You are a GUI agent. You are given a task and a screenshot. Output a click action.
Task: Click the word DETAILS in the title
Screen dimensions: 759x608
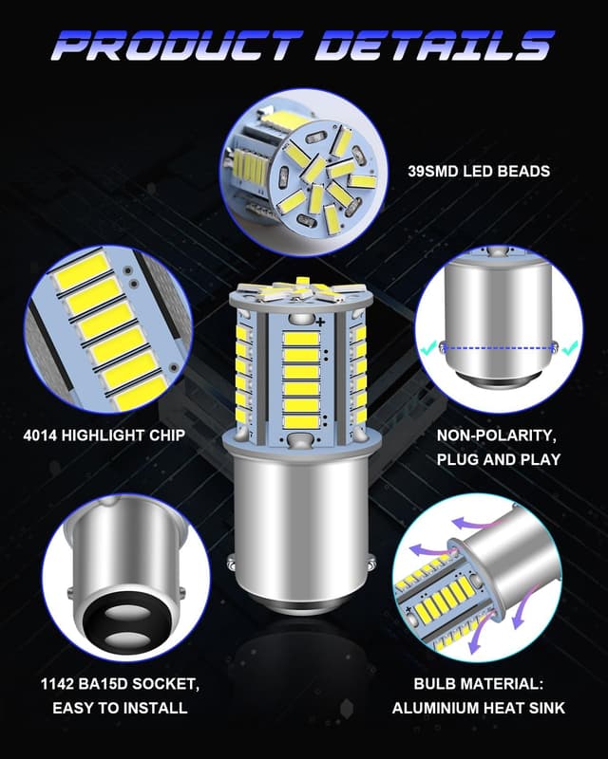(x=434, y=44)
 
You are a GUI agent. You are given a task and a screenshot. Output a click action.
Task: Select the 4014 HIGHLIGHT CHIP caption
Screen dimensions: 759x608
(x=104, y=437)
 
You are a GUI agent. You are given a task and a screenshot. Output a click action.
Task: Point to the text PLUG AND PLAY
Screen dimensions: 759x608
(x=499, y=460)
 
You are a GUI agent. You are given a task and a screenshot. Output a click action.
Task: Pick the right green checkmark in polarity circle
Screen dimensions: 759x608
(x=568, y=348)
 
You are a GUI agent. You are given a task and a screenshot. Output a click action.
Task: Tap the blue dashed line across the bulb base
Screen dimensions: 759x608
(x=502, y=348)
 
